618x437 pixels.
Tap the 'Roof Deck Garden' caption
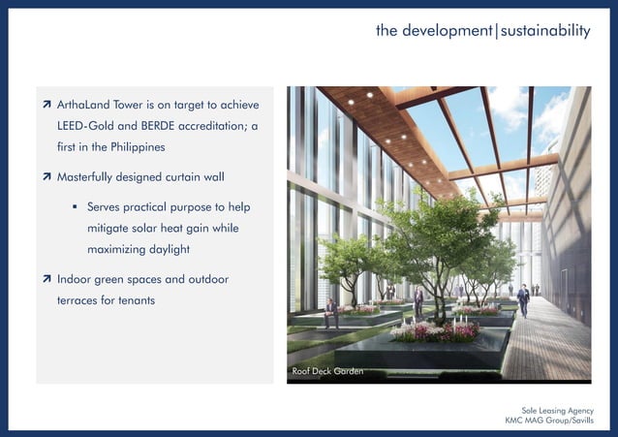coord(327,371)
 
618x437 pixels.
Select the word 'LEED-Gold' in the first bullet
coord(88,126)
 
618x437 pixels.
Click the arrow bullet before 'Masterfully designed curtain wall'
coord(46,178)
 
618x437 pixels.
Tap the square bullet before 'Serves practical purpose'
coord(75,207)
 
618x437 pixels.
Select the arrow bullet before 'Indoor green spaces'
coord(46,280)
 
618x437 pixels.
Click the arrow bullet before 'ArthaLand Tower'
coord(46,105)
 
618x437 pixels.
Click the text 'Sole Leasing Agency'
coord(557,411)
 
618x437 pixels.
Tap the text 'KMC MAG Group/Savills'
coord(549,421)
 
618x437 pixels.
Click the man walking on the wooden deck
coord(523,299)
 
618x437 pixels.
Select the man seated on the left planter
coord(331,311)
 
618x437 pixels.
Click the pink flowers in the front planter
coord(436,331)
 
